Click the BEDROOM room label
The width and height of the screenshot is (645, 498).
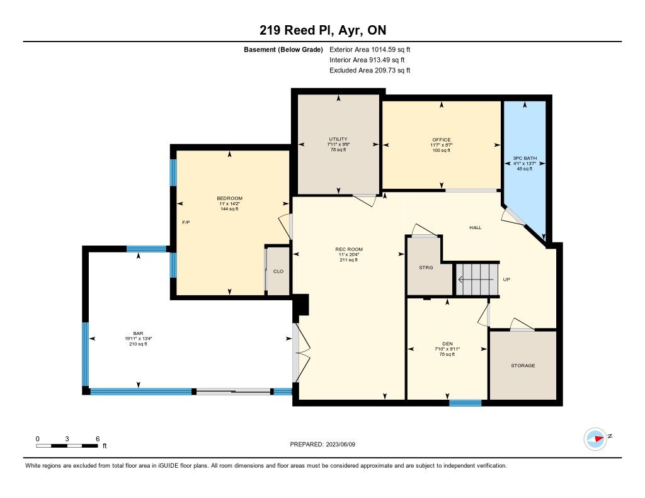click(229, 198)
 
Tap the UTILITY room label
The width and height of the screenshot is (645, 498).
click(338, 139)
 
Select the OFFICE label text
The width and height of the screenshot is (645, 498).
click(442, 140)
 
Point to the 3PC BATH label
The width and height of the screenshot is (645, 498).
click(525, 158)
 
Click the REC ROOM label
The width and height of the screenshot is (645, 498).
click(349, 249)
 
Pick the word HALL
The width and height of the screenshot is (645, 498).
click(476, 227)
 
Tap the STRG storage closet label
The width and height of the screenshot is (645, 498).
click(426, 268)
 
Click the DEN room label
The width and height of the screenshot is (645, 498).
click(448, 344)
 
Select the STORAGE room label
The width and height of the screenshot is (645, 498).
click(523, 365)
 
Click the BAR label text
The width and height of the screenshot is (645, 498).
click(138, 333)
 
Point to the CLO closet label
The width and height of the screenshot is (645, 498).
click(278, 271)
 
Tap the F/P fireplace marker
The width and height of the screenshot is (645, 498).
click(186, 222)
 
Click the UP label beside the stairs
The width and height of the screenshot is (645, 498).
click(506, 280)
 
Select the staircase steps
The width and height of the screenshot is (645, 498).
click(477, 280)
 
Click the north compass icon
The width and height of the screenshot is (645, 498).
click(595, 439)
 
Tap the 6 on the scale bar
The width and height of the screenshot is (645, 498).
click(98, 439)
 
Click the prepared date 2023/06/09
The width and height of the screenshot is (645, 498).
click(341, 444)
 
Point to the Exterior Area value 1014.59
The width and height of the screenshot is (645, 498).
click(384, 49)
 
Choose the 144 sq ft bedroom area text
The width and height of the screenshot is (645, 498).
click(229, 209)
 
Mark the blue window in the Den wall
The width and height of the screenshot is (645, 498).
click(465, 403)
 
